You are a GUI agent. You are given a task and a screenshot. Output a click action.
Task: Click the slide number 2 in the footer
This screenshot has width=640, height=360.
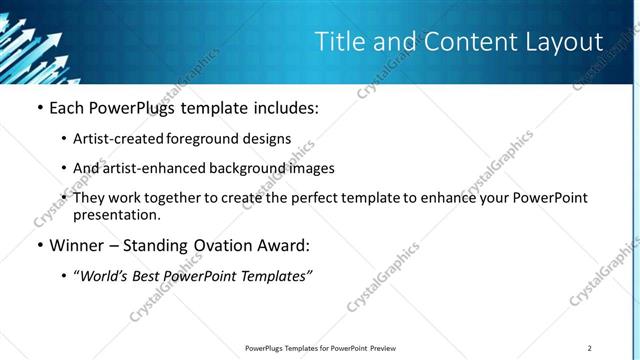(590, 348)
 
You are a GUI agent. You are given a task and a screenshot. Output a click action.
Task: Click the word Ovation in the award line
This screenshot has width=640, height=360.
(221, 245)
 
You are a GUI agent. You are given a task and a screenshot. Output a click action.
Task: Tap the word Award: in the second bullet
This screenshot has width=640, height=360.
(283, 245)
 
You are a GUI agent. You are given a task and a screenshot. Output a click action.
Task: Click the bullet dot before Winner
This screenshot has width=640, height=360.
(39, 245)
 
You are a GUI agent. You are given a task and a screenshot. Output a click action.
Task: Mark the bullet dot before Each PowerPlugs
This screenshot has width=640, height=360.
(39, 107)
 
